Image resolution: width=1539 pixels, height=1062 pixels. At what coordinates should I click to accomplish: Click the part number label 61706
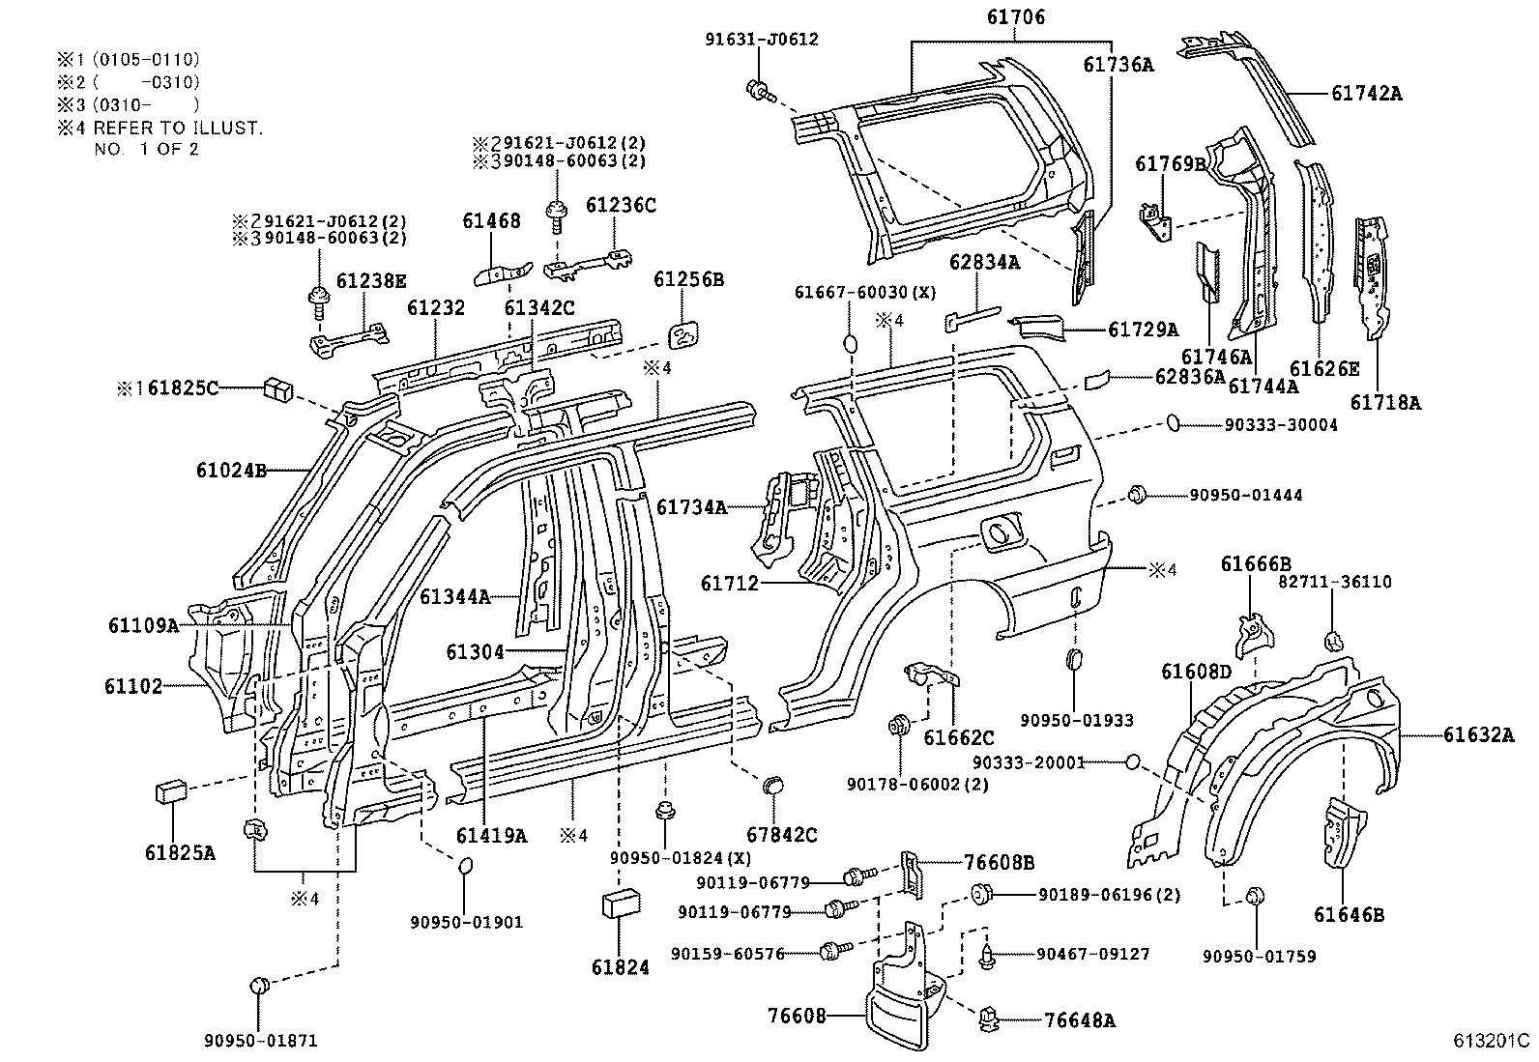point(1015,17)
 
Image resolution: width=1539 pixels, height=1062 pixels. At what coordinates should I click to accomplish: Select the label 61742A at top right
point(1366,94)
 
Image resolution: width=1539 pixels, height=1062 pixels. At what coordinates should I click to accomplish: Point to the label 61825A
point(180,853)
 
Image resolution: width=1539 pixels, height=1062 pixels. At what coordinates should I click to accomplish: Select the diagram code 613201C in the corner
point(1490,1042)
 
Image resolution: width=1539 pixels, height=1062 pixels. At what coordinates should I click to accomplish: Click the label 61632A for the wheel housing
point(1479,735)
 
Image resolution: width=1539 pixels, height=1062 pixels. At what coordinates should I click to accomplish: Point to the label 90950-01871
point(260,1041)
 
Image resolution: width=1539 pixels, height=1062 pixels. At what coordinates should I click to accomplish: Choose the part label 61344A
point(454,597)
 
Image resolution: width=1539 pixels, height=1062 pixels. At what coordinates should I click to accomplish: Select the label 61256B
point(688,280)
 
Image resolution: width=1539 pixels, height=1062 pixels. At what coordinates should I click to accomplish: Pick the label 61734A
point(691,506)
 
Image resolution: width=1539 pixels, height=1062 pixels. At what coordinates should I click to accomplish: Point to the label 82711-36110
point(1335,582)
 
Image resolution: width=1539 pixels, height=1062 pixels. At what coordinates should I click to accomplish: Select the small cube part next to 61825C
point(276,390)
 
